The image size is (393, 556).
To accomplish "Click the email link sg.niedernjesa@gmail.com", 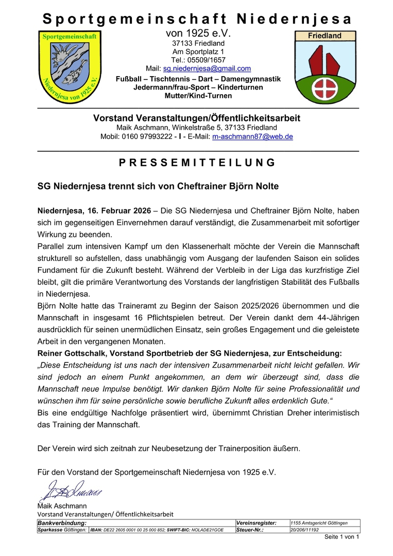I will [207, 68].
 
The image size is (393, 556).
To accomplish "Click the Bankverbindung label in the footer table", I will [62, 523].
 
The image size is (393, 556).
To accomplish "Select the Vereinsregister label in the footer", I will [257, 523].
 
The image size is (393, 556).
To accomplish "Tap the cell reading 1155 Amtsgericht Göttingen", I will [319, 523].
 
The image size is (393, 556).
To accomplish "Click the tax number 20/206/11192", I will [305, 530].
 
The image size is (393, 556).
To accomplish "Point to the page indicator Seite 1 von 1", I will [341, 537].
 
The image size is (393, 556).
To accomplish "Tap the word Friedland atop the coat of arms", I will [324, 36].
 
